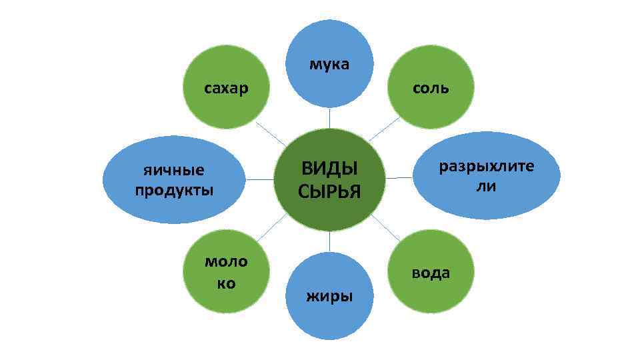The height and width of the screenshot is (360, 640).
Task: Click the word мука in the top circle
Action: tap(329, 65)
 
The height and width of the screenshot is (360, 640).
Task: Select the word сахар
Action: tap(226, 88)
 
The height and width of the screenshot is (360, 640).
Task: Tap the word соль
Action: tap(431, 88)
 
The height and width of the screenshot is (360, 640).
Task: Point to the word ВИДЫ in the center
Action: tap(329, 168)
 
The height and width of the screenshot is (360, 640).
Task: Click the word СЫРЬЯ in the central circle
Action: tap(329, 192)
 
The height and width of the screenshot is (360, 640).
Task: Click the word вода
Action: tap(431, 273)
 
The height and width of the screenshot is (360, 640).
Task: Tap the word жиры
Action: tap(329, 295)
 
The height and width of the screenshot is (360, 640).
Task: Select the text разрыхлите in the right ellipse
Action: tap(486, 166)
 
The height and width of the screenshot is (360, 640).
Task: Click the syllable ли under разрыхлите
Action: tap(486, 187)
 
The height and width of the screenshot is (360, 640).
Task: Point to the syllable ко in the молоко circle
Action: tap(226, 283)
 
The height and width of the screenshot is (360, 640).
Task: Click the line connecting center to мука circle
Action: tap(329, 118)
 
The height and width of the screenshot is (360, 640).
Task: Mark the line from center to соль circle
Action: tap(384, 129)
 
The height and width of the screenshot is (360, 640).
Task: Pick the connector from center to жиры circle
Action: tap(329, 241)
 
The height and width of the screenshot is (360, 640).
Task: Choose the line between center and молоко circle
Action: tap(271, 227)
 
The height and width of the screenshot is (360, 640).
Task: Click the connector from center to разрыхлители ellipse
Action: tap(400, 178)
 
